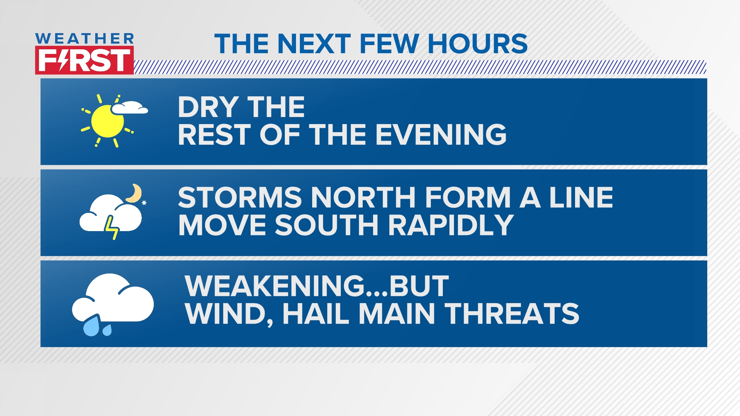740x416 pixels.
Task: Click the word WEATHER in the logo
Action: tap(84, 39)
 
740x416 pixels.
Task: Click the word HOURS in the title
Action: tap(478, 44)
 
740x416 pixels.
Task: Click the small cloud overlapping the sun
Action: tap(130, 107)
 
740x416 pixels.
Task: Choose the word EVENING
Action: tap(441, 135)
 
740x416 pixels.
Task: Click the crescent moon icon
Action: tap(135, 193)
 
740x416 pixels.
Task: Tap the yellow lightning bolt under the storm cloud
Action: tap(112, 227)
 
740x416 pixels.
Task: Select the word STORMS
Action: tap(240, 198)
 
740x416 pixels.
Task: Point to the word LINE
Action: tap(581, 198)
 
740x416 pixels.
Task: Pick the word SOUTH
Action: tap(326, 225)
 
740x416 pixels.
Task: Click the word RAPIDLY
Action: tap(451, 225)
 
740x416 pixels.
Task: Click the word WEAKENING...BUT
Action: tap(317, 286)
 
